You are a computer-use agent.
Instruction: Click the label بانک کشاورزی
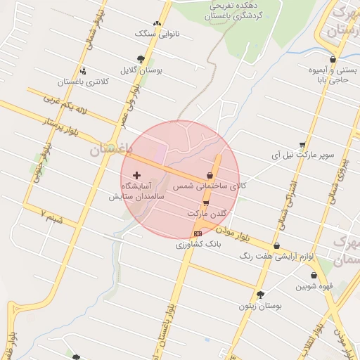(x=198, y=244)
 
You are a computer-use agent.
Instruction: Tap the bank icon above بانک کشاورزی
(x=198, y=233)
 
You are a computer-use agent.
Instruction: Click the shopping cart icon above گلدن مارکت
(x=205, y=202)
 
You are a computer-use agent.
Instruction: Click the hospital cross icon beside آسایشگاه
(x=136, y=174)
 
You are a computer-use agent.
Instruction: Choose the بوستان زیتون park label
(x=260, y=306)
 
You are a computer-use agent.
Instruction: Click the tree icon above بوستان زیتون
(x=261, y=295)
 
